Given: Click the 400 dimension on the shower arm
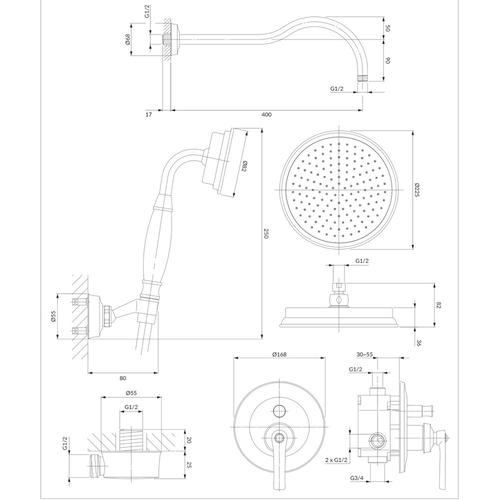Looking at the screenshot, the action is pos(266,115).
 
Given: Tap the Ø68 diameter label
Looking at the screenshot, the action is pos(128,39).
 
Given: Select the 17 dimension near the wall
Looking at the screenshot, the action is pos(148,114).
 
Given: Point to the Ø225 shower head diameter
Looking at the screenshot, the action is pos(416,189).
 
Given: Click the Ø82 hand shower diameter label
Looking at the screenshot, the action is pos(244,166).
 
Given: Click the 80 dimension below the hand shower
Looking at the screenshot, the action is pos(123,378).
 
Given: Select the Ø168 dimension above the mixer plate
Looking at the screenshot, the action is pos(279,354).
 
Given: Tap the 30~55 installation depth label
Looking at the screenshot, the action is pos(365,354).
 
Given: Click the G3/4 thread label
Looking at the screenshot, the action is pos(356,487).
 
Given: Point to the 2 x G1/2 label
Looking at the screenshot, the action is pos(336,460).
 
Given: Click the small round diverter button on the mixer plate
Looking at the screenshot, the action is pos(279,410).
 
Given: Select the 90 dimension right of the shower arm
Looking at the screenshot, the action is pos(388,60).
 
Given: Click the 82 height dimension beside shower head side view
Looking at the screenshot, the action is pos(438,305).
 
